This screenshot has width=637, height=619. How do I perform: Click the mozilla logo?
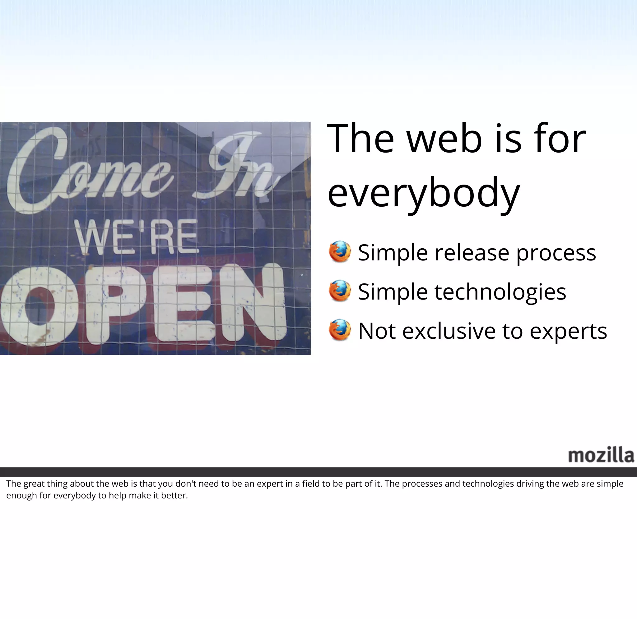click(x=601, y=455)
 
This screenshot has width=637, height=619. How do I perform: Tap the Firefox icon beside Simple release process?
click(x=340, y=252)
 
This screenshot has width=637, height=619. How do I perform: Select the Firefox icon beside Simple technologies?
click(x=340, y=291)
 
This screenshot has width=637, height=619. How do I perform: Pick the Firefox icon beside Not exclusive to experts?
click(x=340, y=330)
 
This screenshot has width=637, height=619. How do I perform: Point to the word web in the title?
click(x=444, y=139)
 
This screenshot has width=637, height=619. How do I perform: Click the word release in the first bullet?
click(x=472, y=253)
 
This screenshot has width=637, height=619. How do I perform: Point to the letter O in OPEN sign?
click(x=39, y=305)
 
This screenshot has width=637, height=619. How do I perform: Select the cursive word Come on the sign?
click(x=88, y=172)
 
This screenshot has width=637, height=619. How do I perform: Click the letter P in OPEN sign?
click(x=114, y=304)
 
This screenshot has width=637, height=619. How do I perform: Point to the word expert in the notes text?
click(x=270, y=484)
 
